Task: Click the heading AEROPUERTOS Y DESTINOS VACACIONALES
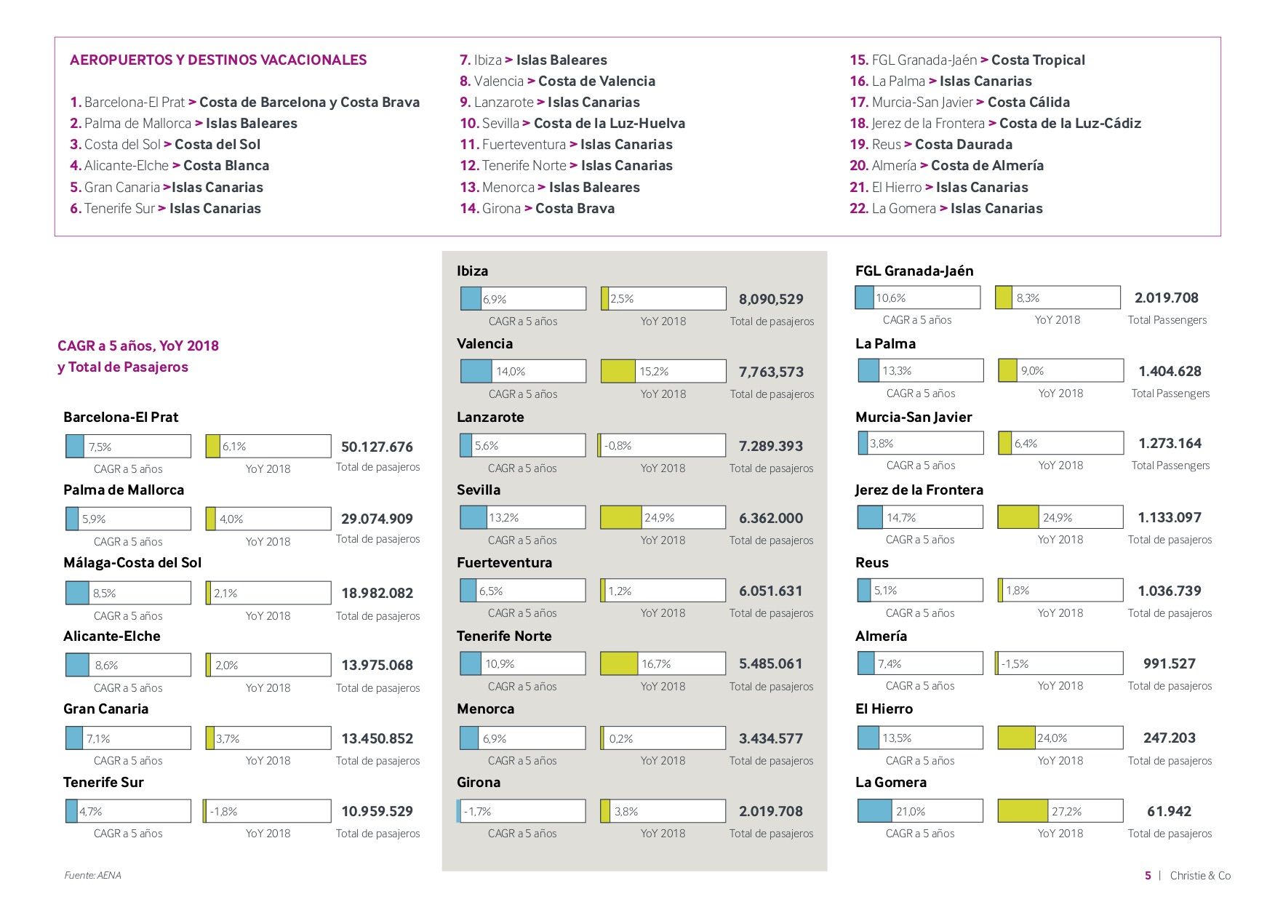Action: click(x=218, y=60)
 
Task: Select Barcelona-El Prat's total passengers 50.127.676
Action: click(x=377, y=447)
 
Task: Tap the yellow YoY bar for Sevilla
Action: click(x=621, y=517)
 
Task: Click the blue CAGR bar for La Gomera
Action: click(x=875, y=810)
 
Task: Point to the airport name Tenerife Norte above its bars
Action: click(x=504, y=636)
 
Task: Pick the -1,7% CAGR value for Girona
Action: click(x=478, y=811)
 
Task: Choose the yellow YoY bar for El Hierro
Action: click(x=1017, y=738)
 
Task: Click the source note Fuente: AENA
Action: click(x=92, y=875)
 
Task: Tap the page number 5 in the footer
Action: click(x=1148, y=875)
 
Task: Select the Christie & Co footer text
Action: click(x=1200, y=875)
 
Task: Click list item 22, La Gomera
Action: click(x=946, y=208)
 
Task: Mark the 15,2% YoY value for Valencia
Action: click(x=654, y=371)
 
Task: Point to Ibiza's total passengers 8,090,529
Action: click(x=771, y=299)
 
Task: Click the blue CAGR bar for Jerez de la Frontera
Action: click(x=871, y=517)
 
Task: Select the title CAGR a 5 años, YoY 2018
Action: click(x=138, y=346)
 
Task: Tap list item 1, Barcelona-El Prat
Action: click(x=245, y=102)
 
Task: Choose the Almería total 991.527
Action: click(x=1170, y=663)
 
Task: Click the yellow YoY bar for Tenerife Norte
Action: click(x=619, y=663)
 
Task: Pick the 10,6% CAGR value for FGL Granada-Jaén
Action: click(x=891, y=298)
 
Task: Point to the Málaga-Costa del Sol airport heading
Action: click(x=132, y=562)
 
